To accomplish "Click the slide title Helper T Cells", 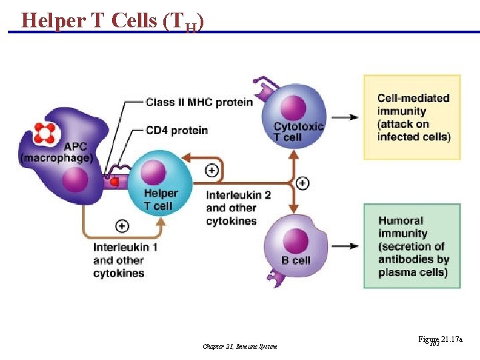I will pos(112,21).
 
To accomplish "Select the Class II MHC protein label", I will pos(199,102).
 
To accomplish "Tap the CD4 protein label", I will pos(177,130).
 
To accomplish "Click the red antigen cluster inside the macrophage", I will pos(45,133).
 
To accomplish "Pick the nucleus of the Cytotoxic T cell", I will pos(294,107).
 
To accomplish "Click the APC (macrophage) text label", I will pos(56,152).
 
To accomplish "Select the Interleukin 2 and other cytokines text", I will pos(238,208).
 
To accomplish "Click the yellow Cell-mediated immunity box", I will pos(411,117).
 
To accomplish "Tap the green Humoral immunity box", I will pos(411,246).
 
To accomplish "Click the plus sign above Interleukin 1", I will pos(123,226).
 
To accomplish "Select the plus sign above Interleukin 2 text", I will pos(211,171).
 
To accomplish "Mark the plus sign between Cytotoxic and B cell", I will pos(303,183).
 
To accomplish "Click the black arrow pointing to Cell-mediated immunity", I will pos(345,117).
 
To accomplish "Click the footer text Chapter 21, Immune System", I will pos(239,346).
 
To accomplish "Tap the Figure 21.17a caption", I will pos(440,340).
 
